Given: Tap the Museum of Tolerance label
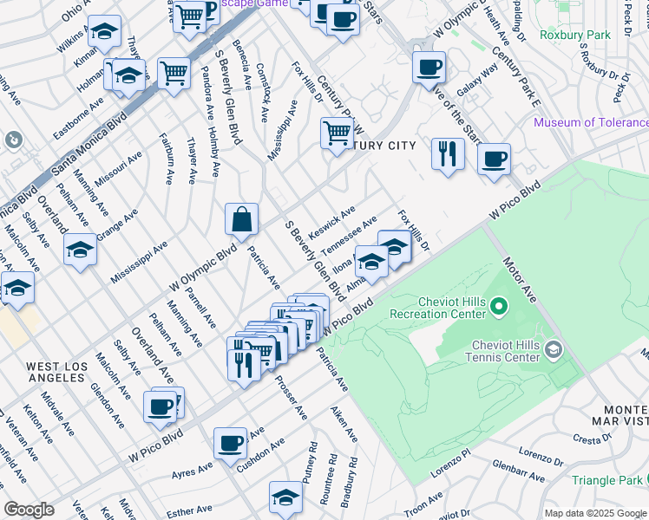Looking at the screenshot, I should (590, 122).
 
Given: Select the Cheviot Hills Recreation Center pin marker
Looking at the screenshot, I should (498, 307).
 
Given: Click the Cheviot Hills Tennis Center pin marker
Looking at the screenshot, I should (553, 349).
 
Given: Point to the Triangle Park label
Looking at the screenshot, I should (609, 480).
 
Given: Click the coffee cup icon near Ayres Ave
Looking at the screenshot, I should (231, 443).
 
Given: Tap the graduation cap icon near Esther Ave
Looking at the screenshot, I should (285, 497).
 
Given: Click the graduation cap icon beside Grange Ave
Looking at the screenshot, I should (80, 250).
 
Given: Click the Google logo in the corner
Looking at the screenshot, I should (29, 510).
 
